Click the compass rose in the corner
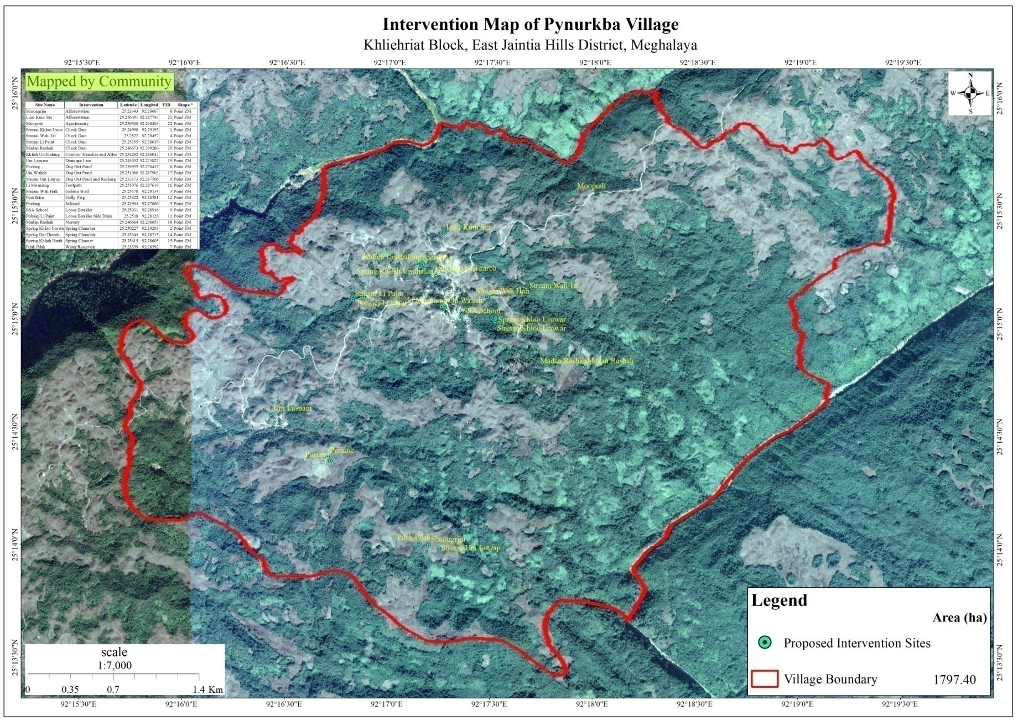(970, 93)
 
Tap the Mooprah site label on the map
(591, 186)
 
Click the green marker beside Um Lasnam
(271, 415)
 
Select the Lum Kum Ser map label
(469, 227)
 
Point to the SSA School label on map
(482, 311)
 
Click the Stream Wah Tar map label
(554, 286)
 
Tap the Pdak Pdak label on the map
(413, 537)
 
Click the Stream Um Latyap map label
(471, 548)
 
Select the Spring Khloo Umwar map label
(532, 319)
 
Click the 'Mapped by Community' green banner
(99, 82)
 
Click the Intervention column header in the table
(91, 105)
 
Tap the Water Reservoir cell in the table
(80, 247)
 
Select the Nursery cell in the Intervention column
(72, 222)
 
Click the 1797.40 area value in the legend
(954, 679)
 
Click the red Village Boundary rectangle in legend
(765, 679)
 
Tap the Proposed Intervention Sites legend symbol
(765, 643)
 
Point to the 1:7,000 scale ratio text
(115, 665)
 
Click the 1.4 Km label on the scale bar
(207, 690)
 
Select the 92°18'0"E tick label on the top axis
(595, 63)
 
